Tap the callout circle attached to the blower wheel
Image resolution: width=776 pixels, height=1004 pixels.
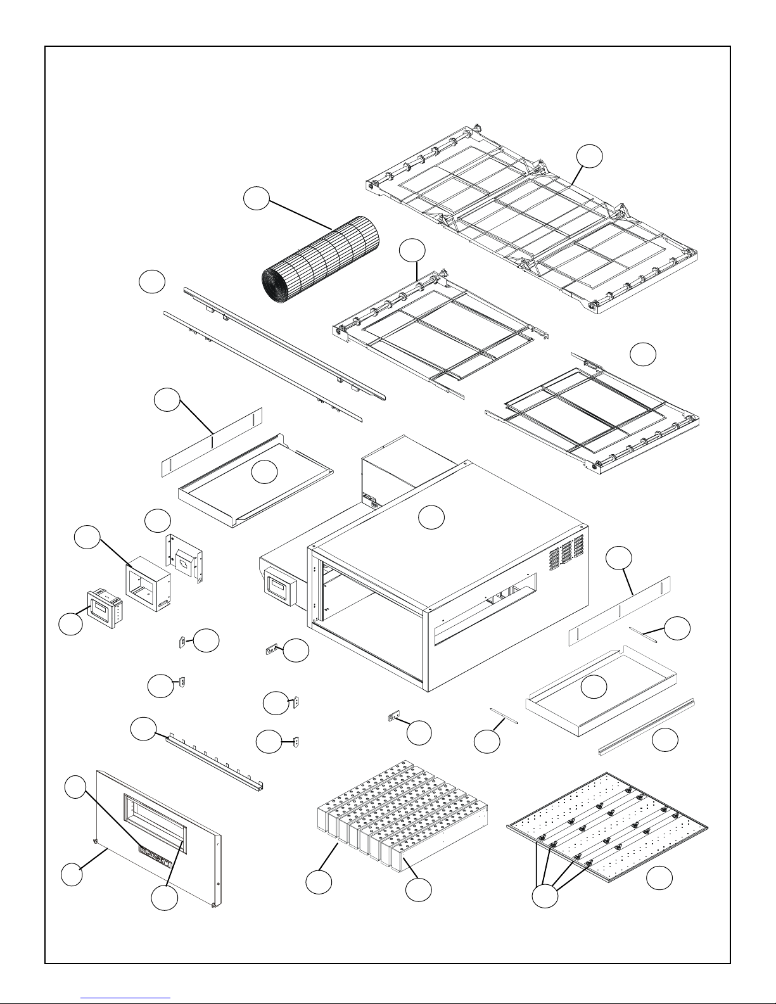pos(257,199)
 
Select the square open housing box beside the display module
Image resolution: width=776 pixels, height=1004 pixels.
pos(147,581)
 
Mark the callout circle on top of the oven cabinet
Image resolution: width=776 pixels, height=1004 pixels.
pos(431,518)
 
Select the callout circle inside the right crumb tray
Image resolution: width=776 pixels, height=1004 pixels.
pos(594,687)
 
